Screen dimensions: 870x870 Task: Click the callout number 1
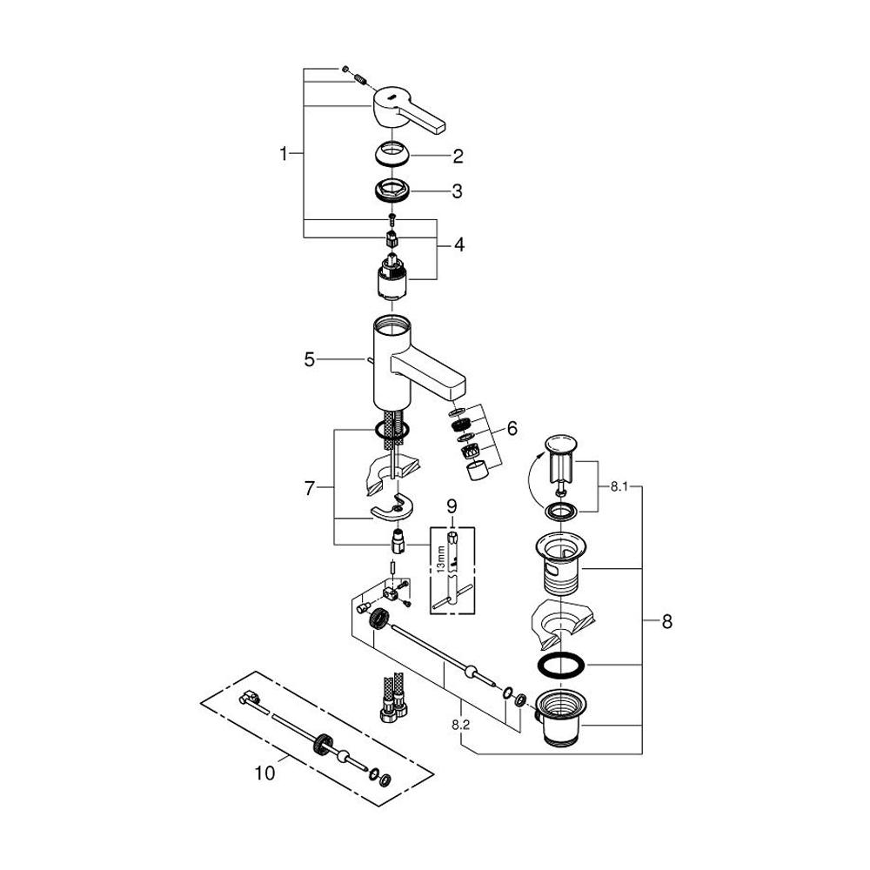(284, 154)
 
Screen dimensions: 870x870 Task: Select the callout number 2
(458, 157)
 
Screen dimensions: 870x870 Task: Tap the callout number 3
(458, 191)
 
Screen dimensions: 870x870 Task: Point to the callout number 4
(458, 245)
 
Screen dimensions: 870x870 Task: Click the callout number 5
(309, 358)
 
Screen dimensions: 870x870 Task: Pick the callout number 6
(512, 428)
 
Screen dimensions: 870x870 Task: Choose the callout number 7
(309, 488)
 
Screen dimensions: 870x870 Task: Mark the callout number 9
(452, 505)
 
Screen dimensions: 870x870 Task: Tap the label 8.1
(618, 488)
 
